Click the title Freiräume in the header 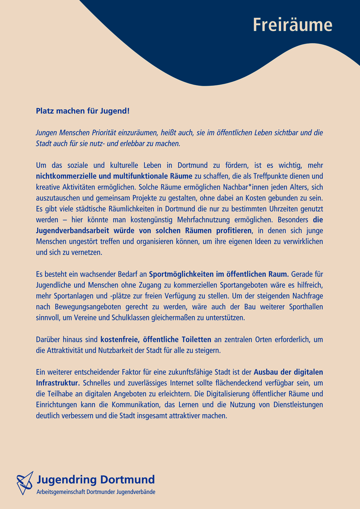point(292,25)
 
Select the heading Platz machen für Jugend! point(83,111)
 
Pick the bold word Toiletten point(193,340)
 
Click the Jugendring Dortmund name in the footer point(96,480)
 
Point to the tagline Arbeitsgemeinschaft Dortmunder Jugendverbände point(96,492)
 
